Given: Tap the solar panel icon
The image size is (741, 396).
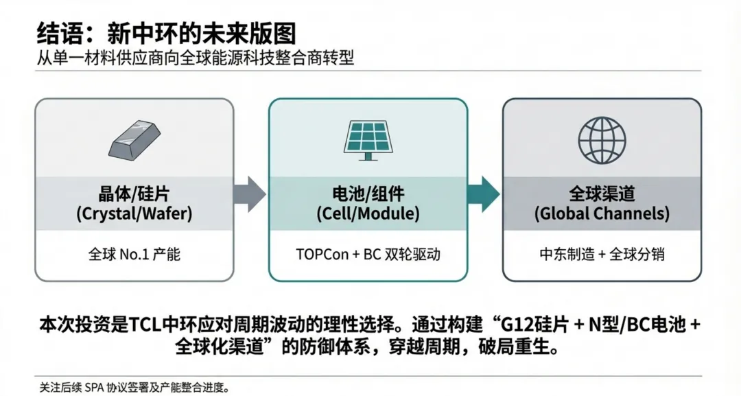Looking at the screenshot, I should (368, 139).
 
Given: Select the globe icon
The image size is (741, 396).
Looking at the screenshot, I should (602, 137).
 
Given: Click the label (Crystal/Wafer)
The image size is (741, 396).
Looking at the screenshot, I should (134, 213).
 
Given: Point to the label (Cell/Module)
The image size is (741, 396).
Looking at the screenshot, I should (368, 213).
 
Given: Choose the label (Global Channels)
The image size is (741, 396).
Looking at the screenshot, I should (602, 213).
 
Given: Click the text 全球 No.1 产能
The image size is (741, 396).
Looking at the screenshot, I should (134, 254).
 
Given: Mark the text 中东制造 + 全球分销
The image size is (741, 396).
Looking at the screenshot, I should (602, 254).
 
